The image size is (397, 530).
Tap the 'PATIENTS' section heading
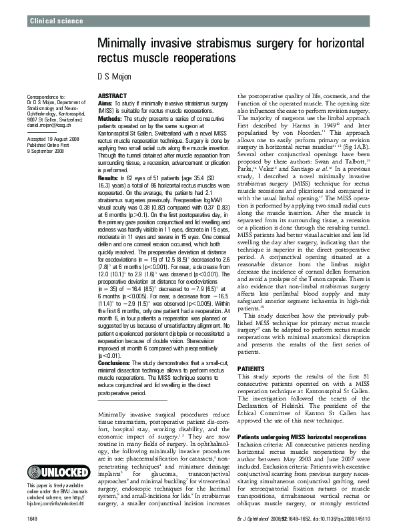[x=251, y=368]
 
